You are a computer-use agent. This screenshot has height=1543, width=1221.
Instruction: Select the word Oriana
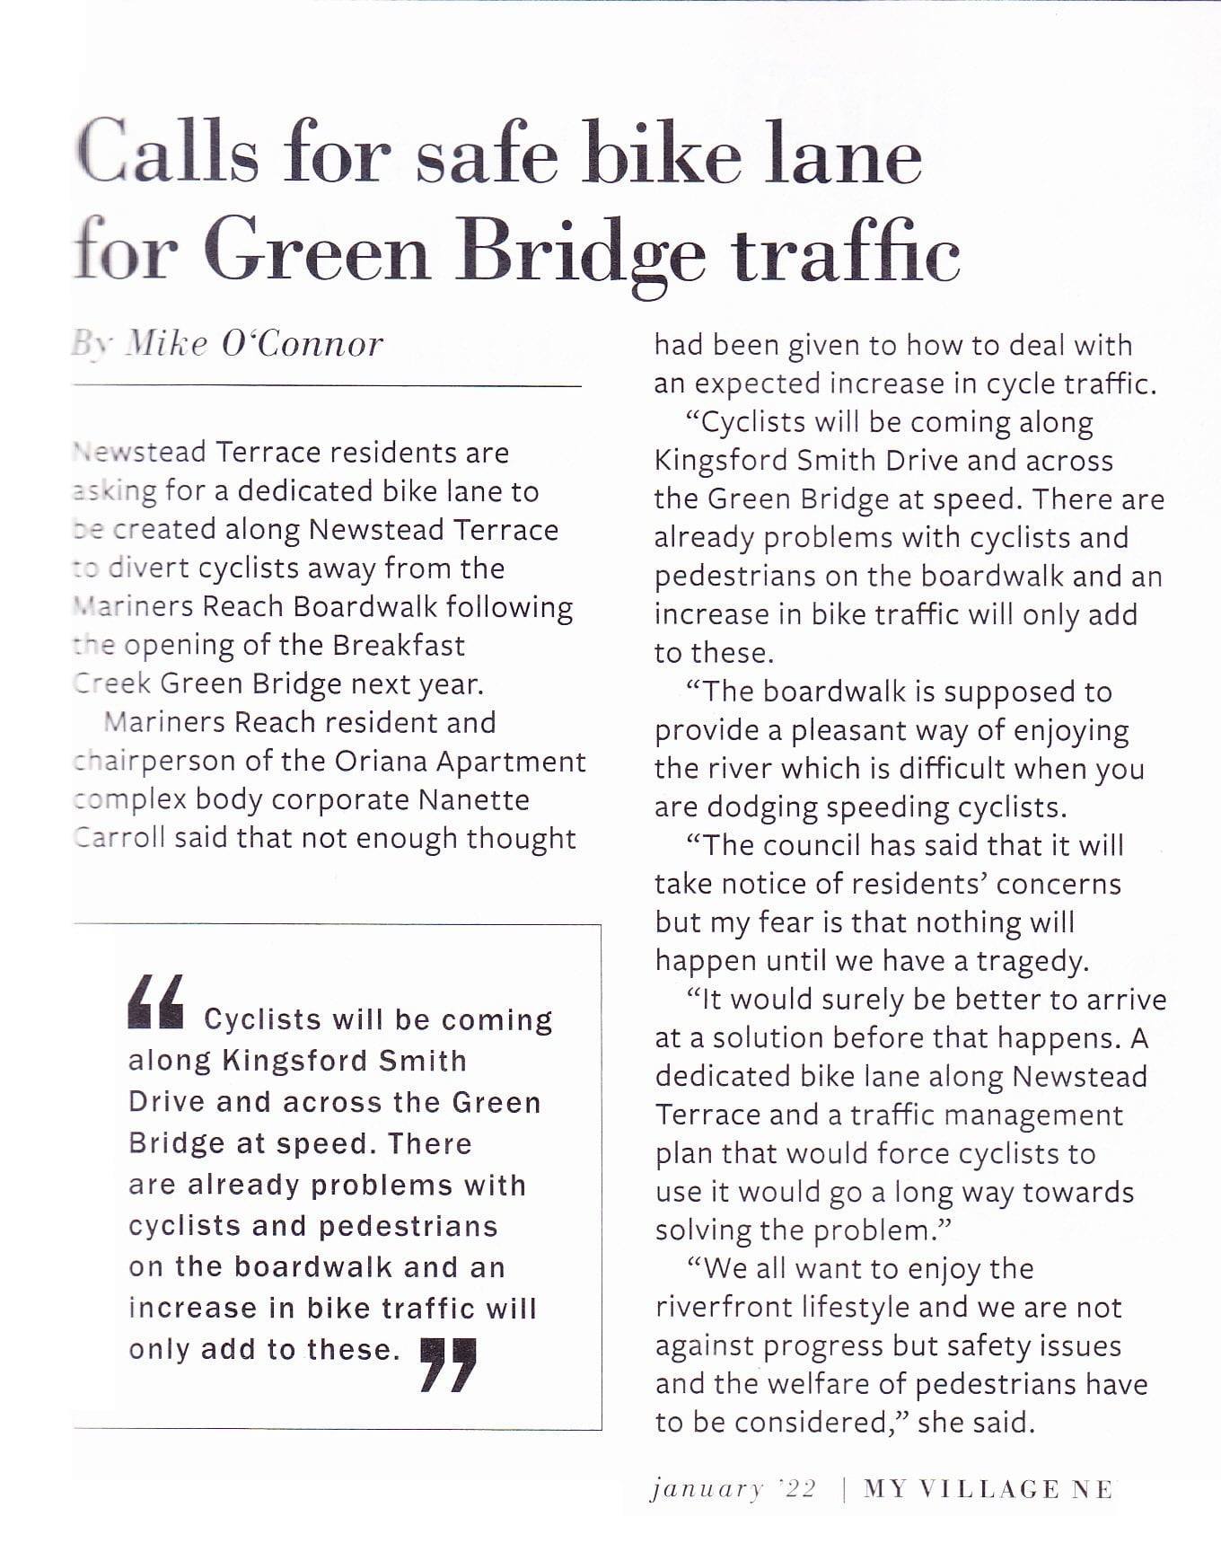[x=381, y=761]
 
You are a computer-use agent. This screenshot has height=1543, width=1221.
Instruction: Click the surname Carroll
[x=119, y=838]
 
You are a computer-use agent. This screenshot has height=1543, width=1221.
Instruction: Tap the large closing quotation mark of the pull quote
[x=448, y=1364]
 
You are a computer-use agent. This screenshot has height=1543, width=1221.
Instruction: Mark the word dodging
[x=762, y=807]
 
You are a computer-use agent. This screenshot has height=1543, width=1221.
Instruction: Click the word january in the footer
[x=707, y=1489]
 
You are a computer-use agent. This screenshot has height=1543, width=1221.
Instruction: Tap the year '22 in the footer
[x=796, y=1489]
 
